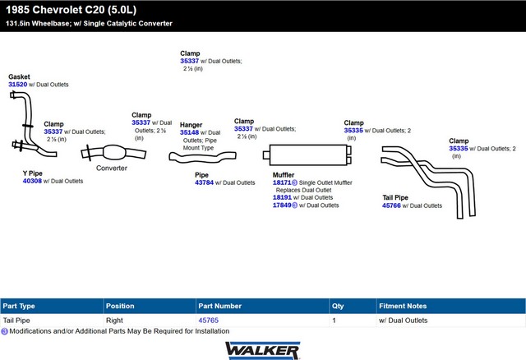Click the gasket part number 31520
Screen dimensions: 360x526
click(x=17, y=85)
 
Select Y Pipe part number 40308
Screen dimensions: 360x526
click(x=32, y=181)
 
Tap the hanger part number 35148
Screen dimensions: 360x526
click(x=189, y=132)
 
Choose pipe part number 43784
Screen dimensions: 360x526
click(x=205, y=182)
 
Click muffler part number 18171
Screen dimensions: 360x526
click(x=282, y=182)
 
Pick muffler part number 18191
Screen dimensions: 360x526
click(x=282, y=197)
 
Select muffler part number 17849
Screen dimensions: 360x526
click(x=282, y=205)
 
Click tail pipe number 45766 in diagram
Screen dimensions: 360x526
click(x=392, y=205)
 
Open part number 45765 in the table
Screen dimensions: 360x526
click(x=208, y=321)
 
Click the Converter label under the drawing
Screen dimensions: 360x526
click(x=112, y=168)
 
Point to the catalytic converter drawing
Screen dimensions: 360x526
click(x=110, y=154)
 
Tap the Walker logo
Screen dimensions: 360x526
click(x=262, y=349)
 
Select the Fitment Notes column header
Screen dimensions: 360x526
click(x=402, y=306)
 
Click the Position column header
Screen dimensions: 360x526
click(x=120, y=306)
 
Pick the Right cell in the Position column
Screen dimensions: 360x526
click(x=115, y=321)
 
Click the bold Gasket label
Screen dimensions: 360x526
click(x=19, y=76)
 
